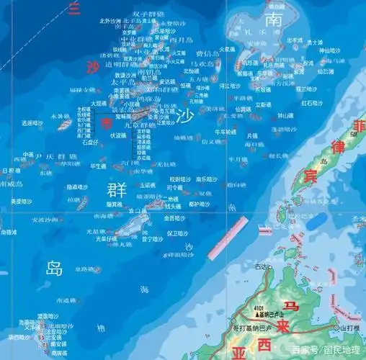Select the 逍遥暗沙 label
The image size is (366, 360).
click(x=33, y=123)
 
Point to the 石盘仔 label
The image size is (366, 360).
click(x=90, y=143)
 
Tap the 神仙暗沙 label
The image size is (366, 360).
click(x=329, y=50)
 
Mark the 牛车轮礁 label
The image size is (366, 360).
click(x=220, y=132)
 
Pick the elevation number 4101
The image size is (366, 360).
click(x=238, y=310)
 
